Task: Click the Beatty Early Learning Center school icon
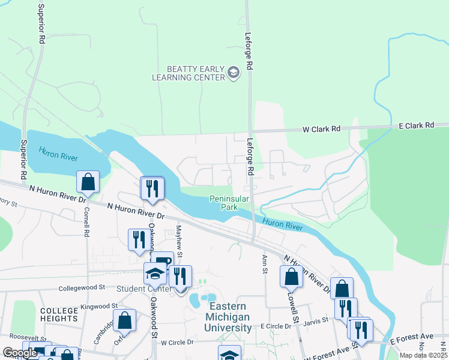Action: [x=234, y=73]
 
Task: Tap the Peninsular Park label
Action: [x=224, y=203]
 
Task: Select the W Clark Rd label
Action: [x=321, y=129]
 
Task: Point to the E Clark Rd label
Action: [x=416, y=125]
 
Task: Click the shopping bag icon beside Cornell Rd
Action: [x=88, y=182]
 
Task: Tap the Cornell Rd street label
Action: [x=86, y=223]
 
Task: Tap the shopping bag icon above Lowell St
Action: [x=291, y=277]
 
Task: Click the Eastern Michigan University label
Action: [x=228, y=317]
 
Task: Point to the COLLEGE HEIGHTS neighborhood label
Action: [x=59, y=315]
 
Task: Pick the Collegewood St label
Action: [x=82, y=288]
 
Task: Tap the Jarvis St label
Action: [x=316, y=320]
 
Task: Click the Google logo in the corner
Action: [x=20, y=353]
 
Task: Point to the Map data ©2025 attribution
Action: [x=424, y=355]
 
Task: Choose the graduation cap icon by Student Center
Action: [x=155, y=274]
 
